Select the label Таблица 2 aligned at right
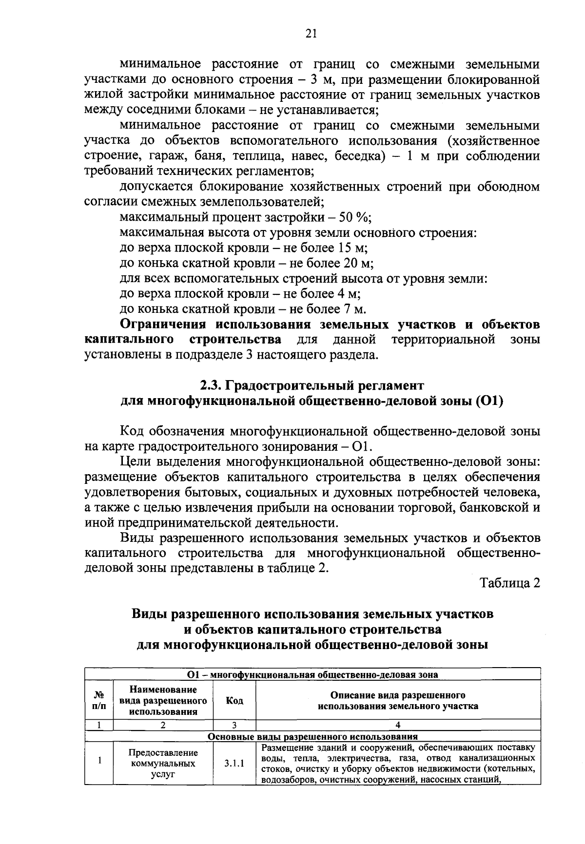click(510, 583)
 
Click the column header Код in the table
click(234, 701)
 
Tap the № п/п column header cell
click(99, 701)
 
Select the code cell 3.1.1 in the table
click(234, 764)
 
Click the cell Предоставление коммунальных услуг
click(163, 764)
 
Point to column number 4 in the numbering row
click(398, 725)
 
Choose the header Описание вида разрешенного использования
click(398, 700)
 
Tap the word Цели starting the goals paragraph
click(134, 461)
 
